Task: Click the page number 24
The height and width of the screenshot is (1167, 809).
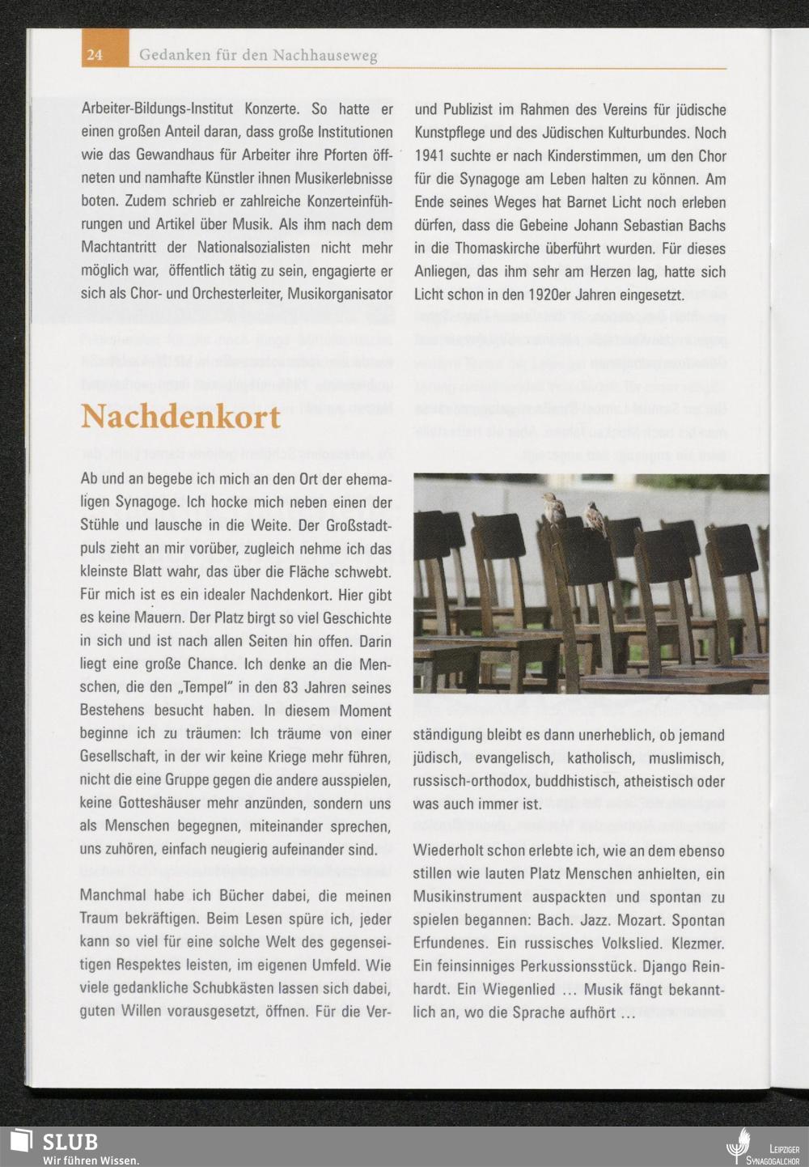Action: click(94, 55)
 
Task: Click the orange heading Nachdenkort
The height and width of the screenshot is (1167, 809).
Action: click(180, 417)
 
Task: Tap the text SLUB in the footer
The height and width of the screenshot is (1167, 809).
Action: click(70, 1141)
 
